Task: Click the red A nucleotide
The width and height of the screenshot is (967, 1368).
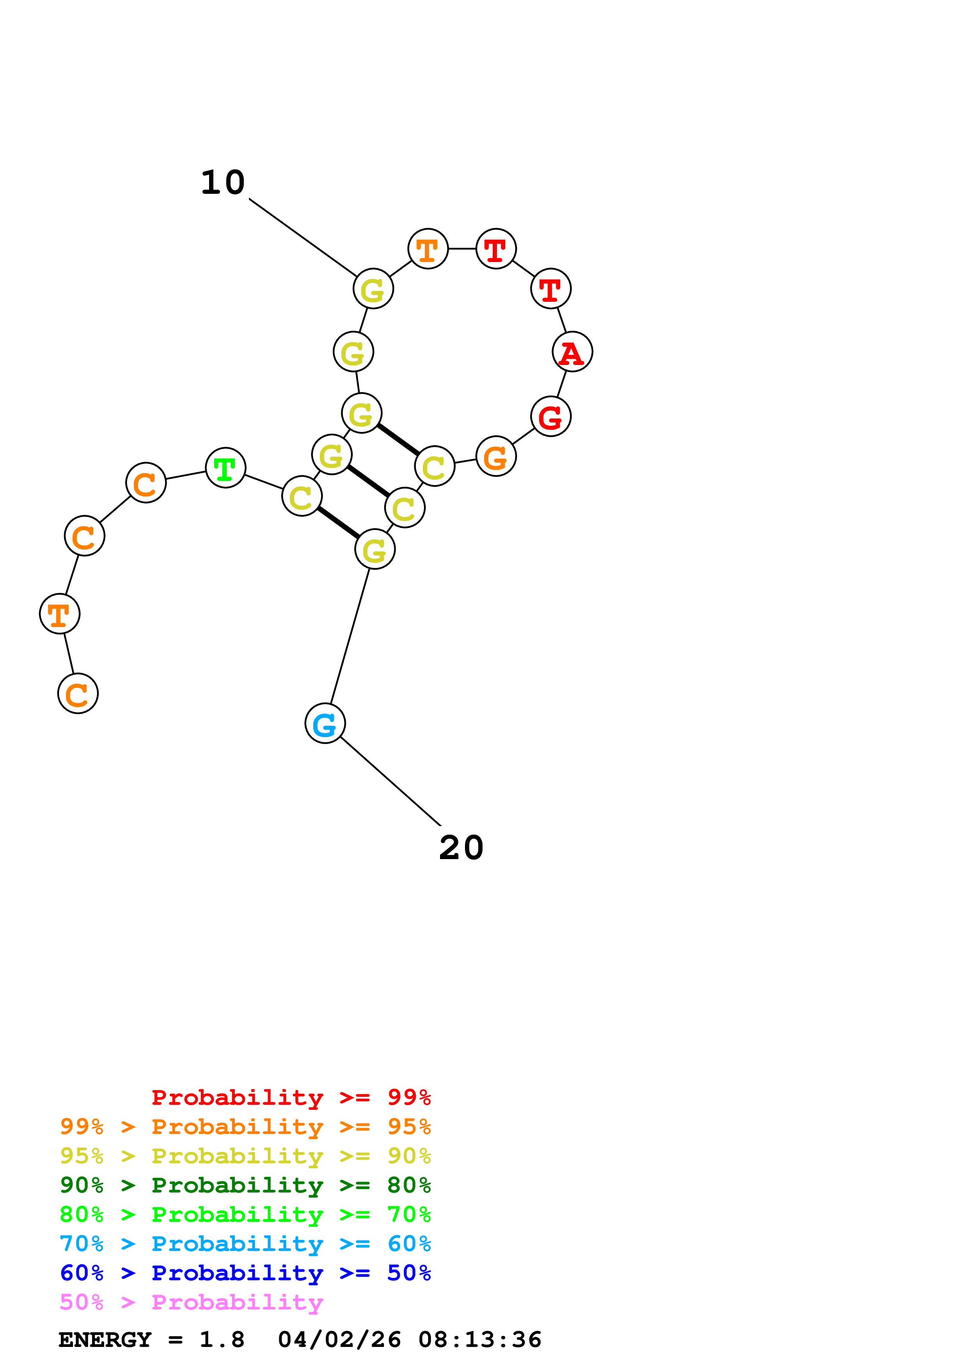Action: click(x=572, y=352)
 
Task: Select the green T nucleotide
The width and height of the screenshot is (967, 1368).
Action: click(x=225, y=468)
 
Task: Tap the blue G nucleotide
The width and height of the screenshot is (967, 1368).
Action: click(x=325, y=723)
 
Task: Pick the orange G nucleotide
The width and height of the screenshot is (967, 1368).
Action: click(x=496, y=456)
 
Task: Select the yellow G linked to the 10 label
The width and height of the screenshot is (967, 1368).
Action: click(x=373, y=289)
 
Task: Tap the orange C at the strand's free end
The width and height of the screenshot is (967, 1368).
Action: click(x=78, y=693)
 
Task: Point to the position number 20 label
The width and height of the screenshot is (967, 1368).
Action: click(x=461, y=848)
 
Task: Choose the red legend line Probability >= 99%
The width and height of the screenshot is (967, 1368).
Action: click(x=291, y=1097)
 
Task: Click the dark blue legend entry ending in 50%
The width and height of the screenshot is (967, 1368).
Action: click(x=245, y=1273)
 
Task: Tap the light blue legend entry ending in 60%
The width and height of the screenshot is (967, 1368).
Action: click(x=245, y=1244)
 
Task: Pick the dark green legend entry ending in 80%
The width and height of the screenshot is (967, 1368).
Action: click(x=245, y=1185)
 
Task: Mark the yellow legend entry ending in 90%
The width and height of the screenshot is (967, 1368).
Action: click(x=245, y=1156)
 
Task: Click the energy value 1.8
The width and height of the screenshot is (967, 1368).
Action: click(x=222, y=1340)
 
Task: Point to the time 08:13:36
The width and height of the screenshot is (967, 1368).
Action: click(x=480, y=1340)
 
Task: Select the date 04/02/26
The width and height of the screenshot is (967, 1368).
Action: click(x=339, y=1340)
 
